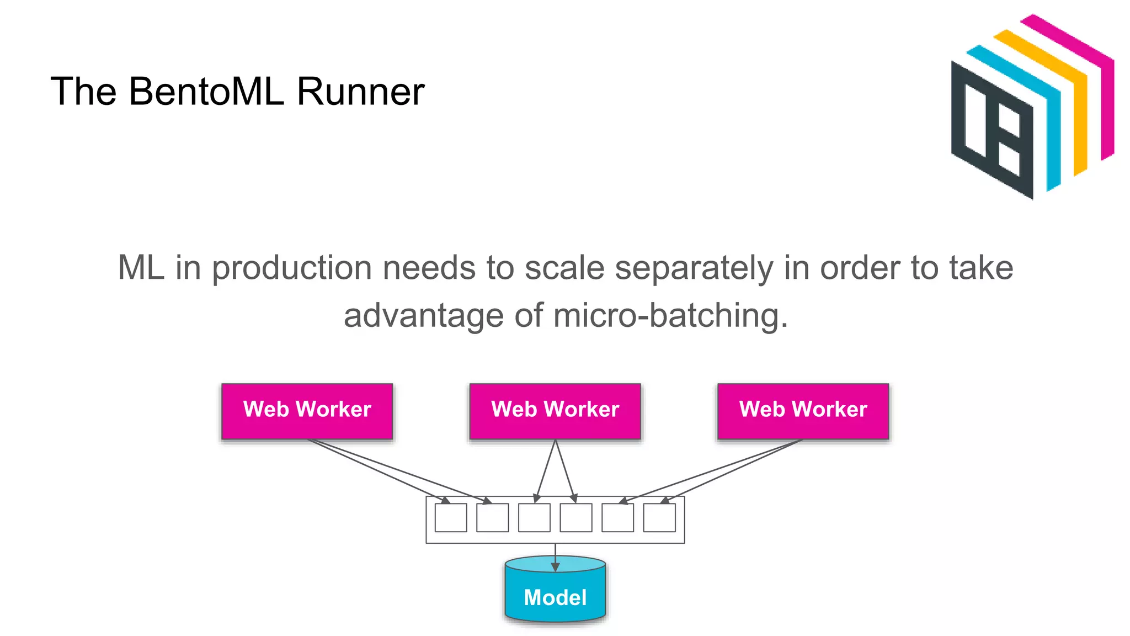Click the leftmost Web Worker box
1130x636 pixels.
pos(307,411)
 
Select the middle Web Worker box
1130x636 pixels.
pos(555,411)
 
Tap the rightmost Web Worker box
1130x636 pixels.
pos(803,411)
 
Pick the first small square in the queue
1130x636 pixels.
pos(451,517)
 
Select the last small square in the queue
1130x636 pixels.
pos(659,517)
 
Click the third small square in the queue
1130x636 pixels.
pos(534,517)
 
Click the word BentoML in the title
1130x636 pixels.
pos(207,91)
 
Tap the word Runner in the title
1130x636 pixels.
pos(360,91)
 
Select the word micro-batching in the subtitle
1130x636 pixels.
pos(670,316)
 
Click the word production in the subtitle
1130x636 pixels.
pos(292,269)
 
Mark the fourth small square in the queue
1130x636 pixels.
pos(576,517)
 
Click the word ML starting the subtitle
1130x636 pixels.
pos(141,269)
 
